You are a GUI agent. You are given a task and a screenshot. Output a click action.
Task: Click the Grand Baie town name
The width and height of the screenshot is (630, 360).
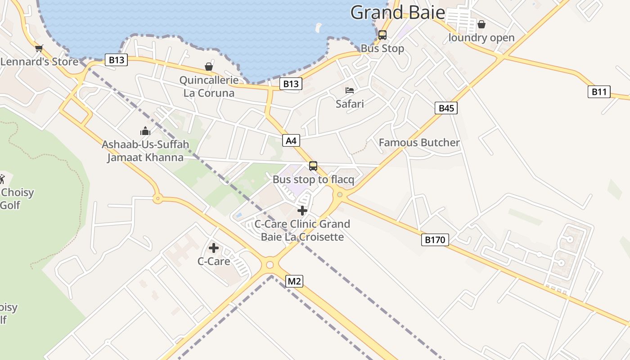click(397, 13)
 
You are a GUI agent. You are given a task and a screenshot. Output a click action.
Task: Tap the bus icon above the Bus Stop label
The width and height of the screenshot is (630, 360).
click(382, 35)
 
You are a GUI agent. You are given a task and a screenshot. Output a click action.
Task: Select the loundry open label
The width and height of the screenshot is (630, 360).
click(481, 38)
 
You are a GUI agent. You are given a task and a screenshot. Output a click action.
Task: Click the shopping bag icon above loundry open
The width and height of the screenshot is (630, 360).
click(481, 24)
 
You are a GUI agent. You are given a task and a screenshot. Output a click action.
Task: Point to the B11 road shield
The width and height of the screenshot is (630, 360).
click(599, 92)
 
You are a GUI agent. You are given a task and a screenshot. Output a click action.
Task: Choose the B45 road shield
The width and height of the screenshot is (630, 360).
click(446, 108)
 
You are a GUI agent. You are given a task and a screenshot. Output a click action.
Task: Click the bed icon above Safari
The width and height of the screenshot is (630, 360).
click(350, 90)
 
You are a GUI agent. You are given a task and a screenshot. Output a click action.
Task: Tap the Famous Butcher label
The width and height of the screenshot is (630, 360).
click(419, 143)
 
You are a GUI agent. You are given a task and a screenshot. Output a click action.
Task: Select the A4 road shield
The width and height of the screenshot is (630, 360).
click(291, 140)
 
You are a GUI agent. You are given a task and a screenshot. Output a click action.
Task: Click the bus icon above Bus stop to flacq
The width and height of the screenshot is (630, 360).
click(313, 166)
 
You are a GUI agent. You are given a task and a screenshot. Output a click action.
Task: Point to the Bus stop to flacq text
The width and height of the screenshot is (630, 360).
click(313, 180)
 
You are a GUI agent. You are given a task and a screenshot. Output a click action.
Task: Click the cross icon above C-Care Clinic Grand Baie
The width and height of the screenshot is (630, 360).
click(302, 210)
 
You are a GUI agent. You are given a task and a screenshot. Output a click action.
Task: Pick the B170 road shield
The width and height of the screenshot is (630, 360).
click(435, 240)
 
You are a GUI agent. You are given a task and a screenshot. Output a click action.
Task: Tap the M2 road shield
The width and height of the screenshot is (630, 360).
click(294, 282)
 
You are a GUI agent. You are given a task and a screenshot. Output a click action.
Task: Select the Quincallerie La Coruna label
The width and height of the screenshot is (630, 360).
click(209, 87)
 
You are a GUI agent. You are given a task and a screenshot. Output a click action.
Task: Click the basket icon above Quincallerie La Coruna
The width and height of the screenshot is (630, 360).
click(209, 67)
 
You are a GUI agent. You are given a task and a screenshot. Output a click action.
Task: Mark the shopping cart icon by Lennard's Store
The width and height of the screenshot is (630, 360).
click(39, 48)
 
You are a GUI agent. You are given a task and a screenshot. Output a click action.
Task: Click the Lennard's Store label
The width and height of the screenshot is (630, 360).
click(40, 62)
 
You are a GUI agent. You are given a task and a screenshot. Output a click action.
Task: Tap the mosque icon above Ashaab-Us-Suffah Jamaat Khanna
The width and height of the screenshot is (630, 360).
click(145, 131)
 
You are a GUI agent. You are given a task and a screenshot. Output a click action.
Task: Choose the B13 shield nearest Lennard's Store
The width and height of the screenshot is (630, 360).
click(116, 60)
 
